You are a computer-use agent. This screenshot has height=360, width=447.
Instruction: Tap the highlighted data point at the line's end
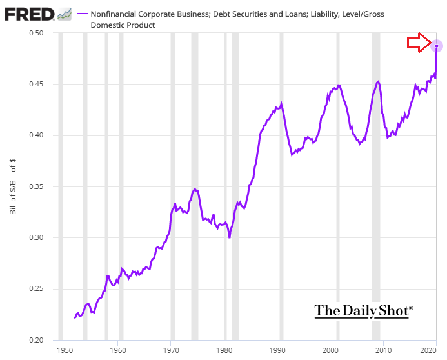437,46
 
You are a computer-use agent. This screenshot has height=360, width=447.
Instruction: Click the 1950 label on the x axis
65,350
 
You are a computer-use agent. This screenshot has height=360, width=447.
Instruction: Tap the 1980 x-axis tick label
224,350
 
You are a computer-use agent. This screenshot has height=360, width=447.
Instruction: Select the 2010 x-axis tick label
384,350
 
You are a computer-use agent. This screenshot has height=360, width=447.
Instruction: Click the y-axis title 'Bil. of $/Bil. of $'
12,187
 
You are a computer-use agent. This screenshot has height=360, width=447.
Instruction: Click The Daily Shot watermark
363,310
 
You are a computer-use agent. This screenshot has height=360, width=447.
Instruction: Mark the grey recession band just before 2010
375,187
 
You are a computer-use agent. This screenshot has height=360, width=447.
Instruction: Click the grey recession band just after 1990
281,187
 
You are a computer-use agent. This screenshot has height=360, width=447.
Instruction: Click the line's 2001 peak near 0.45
338,85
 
